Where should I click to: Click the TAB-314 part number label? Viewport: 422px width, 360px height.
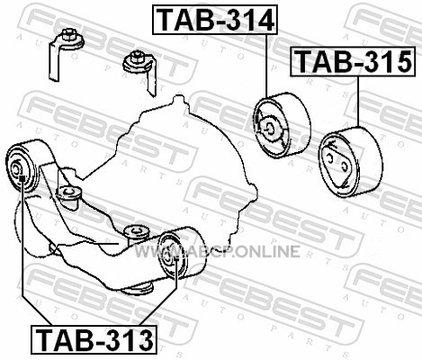(x=215, y=20)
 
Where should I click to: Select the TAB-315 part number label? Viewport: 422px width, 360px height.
(x=353, y=61)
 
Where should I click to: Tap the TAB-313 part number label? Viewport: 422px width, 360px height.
(x=94, y=339)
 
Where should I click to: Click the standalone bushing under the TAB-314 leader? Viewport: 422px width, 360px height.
(x=282, y=125)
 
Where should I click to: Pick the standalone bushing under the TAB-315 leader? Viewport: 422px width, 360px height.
(x=350, y=162)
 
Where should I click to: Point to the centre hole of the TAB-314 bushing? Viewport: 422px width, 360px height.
(x=269, y=129)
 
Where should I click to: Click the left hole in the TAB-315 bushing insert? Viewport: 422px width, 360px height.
(x=329, y=157)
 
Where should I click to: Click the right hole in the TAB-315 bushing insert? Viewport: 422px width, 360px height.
(x=344, y=166)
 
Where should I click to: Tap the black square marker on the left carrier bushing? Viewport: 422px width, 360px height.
(x=22, y=179)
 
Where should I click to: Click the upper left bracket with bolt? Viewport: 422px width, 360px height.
(x=67, y=54)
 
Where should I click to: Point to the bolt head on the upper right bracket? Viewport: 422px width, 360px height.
(x=137, y=57)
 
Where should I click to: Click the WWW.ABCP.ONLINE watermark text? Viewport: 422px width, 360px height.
(x=217, y=251)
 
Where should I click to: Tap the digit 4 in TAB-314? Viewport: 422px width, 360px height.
(x=264, y=20)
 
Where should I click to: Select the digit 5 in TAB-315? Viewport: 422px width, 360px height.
(x=402, y=61)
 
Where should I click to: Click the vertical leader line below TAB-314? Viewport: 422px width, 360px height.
(x=266, y=66)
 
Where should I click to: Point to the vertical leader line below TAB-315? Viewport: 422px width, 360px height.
(x=358, y=102)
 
